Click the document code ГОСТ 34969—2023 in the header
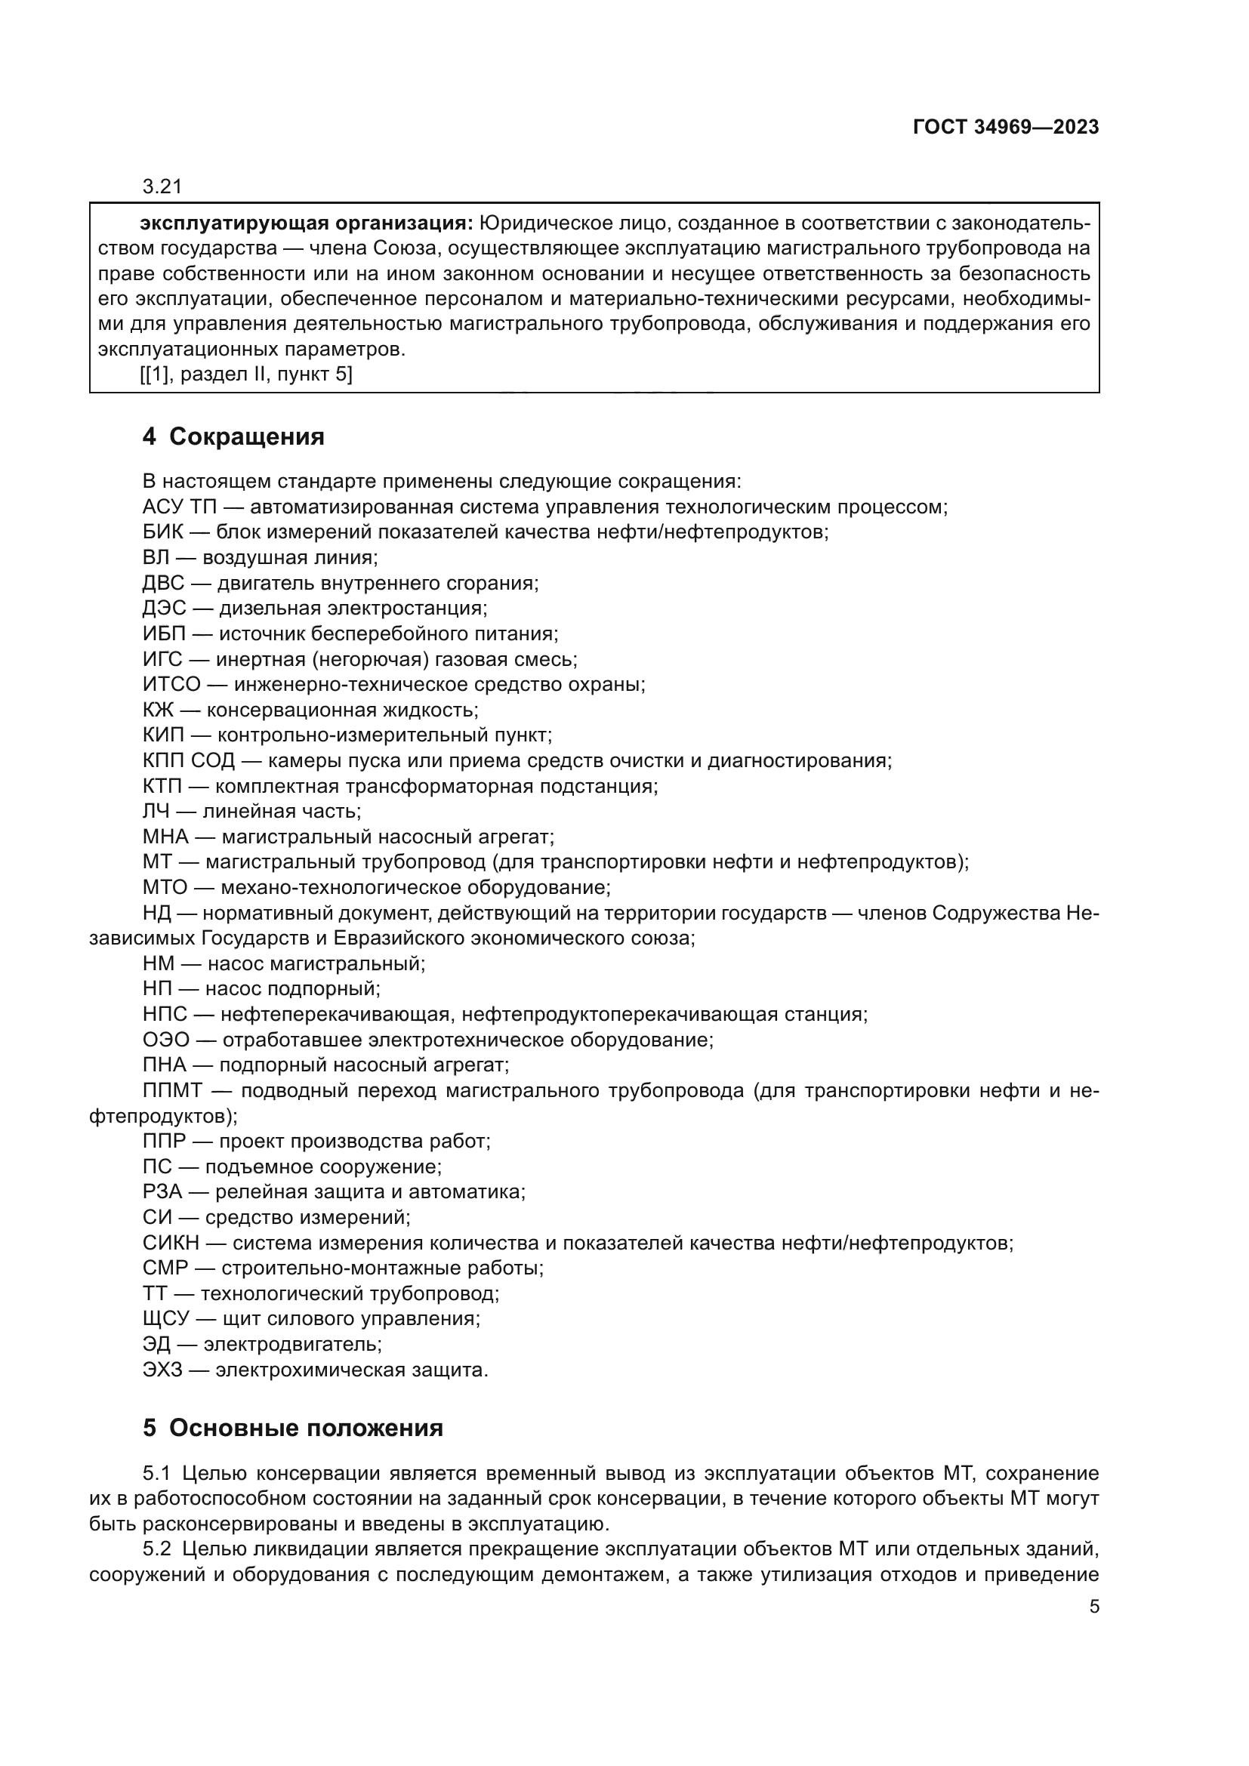(1005, 128)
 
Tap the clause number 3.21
(162, 187)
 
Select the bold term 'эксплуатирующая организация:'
(306, 223)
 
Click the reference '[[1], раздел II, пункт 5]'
(246, 374)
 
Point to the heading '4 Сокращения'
(233, 437)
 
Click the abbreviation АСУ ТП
(179, 507)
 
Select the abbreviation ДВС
(163, 583)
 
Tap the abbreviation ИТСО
(171, 684)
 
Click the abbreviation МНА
(165, 836)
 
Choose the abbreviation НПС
(165, 1015)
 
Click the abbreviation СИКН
(171, 1243)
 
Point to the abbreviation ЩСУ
(165, 1319)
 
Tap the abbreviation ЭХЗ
(163, 1370)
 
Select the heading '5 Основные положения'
(292, 1429)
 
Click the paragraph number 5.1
(157, 1474)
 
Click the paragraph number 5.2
(157, 1550)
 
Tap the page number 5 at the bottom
(1094, 1607)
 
